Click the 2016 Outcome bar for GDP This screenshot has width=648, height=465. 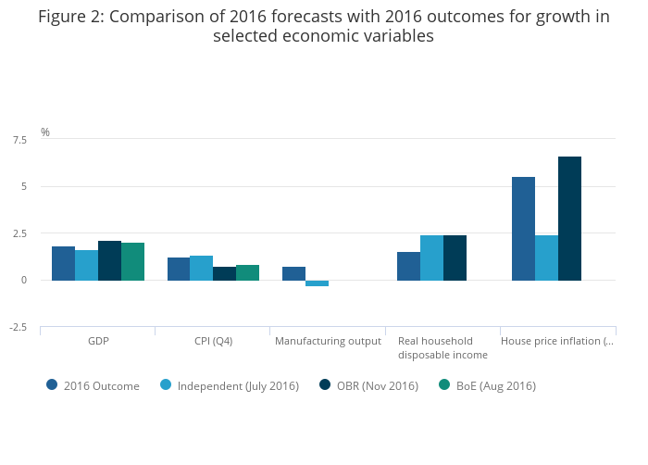click(x=63, y=263)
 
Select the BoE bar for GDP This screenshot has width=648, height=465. click(x=132, y=261)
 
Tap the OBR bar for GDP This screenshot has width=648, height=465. click(x=109, y=260)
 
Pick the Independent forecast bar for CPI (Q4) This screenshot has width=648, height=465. click(x=201, y=268)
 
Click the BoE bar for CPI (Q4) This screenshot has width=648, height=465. click(x=247, y=272)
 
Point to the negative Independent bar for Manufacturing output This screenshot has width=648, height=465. click(x=317, y=283)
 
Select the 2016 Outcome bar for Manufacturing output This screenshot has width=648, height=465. click(x=293, y=273)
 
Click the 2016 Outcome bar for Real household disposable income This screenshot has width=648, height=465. click(x=408, y=266)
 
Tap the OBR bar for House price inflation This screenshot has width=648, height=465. click(x=569, y=219)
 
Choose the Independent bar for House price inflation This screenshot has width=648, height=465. click(x=546, y=258)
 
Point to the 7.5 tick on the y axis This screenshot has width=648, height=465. click(x=19, y=140)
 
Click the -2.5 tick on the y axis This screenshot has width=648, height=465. click(x=19, y=327)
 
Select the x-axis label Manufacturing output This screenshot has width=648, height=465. click(x=328, y=341)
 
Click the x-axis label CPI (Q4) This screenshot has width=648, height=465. click(x=212, y=341)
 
